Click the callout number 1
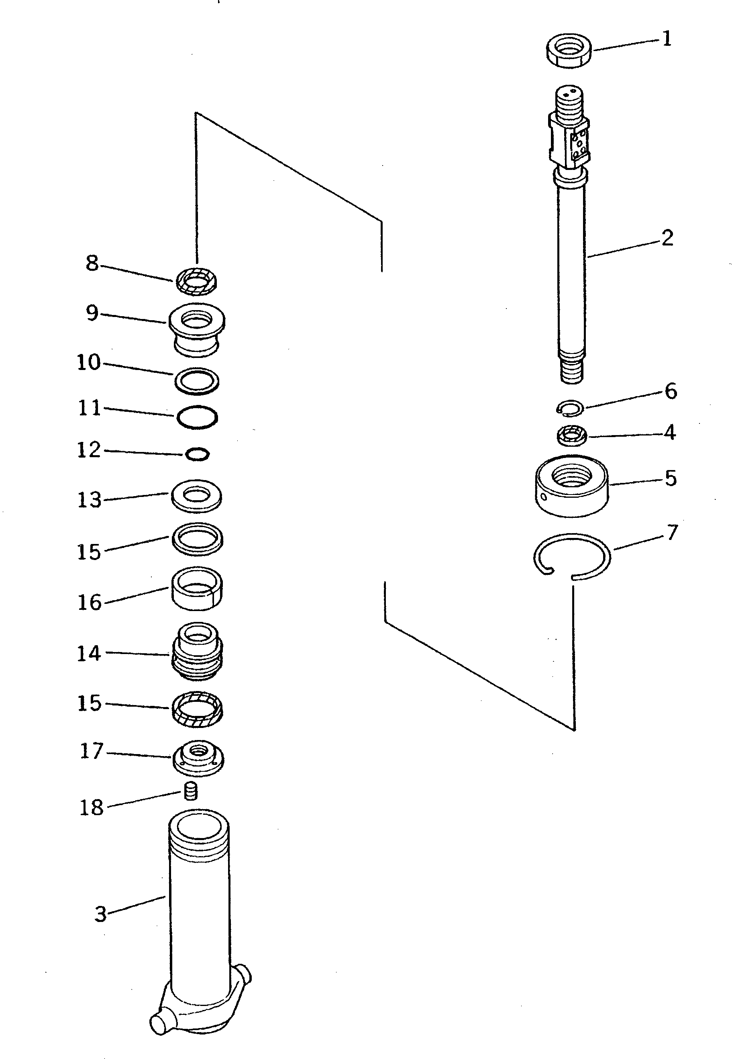pyautogui.click(x=667, y=39)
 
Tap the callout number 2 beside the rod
pyautogui.click(x=667, y=238)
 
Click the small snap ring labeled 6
pyautogui.click(x=570, y=408)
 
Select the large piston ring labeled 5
pyautogui.click(x=571, y=487)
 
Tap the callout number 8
pyautogui.click(x=92, y=264)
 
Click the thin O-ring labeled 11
pyautogui.click(x=197, y=417)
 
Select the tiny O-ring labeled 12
pyautogui.click(x=198, y=454)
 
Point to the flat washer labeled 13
pyautogui.click(x=196, y=496)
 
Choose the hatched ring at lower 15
pyautogui.click(x=197, y=709)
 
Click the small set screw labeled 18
pyautogui.click(x=190, y=791)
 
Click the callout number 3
pyautogui.click(x=100, y=914)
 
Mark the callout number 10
pyautogui.click(x=88, y=362)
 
